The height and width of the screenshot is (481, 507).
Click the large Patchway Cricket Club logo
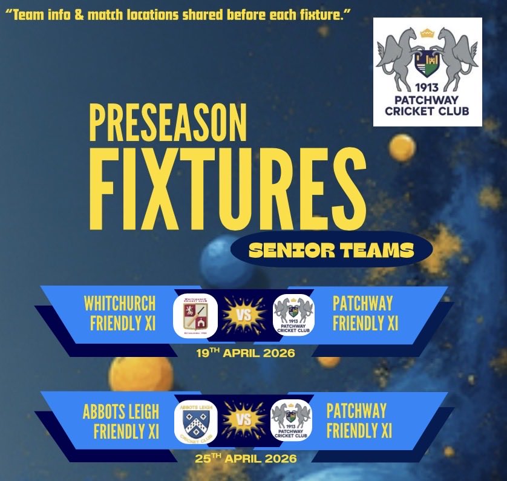pyautogui.click(x=427, y=71)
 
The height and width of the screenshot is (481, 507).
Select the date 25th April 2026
pyautogui.click(x=246, y=459)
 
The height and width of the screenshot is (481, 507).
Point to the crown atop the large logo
pyautogui.click(x=427, y=30)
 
